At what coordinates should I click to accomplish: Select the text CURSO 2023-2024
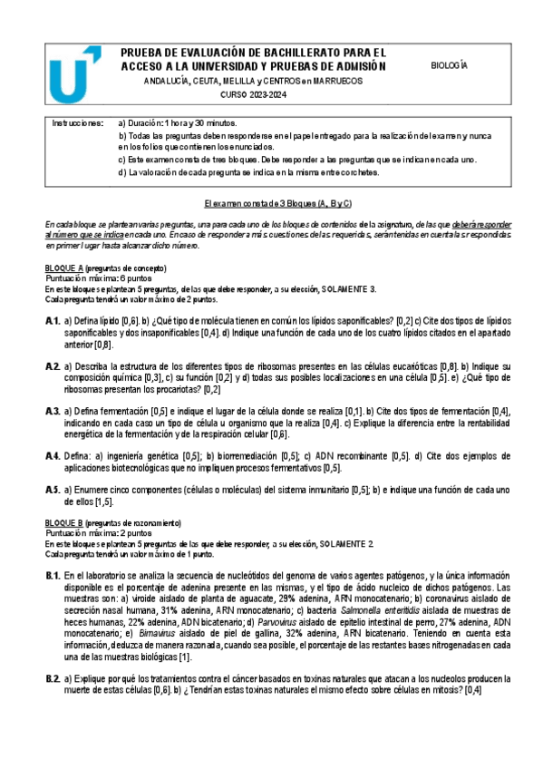pyautogui.click(x=252, y=95)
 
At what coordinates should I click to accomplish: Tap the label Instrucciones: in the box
pyautogui.click(x=77, y=122)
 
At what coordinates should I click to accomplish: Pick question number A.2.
pyautogui.click(x=53, y=365)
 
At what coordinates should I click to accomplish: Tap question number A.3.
pyautogui.click(x=53, y=411)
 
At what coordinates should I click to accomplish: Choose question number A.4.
pyautogui.click(x=53, y=456)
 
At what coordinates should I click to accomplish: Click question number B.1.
pyautogui.click(x=53, y=576)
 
